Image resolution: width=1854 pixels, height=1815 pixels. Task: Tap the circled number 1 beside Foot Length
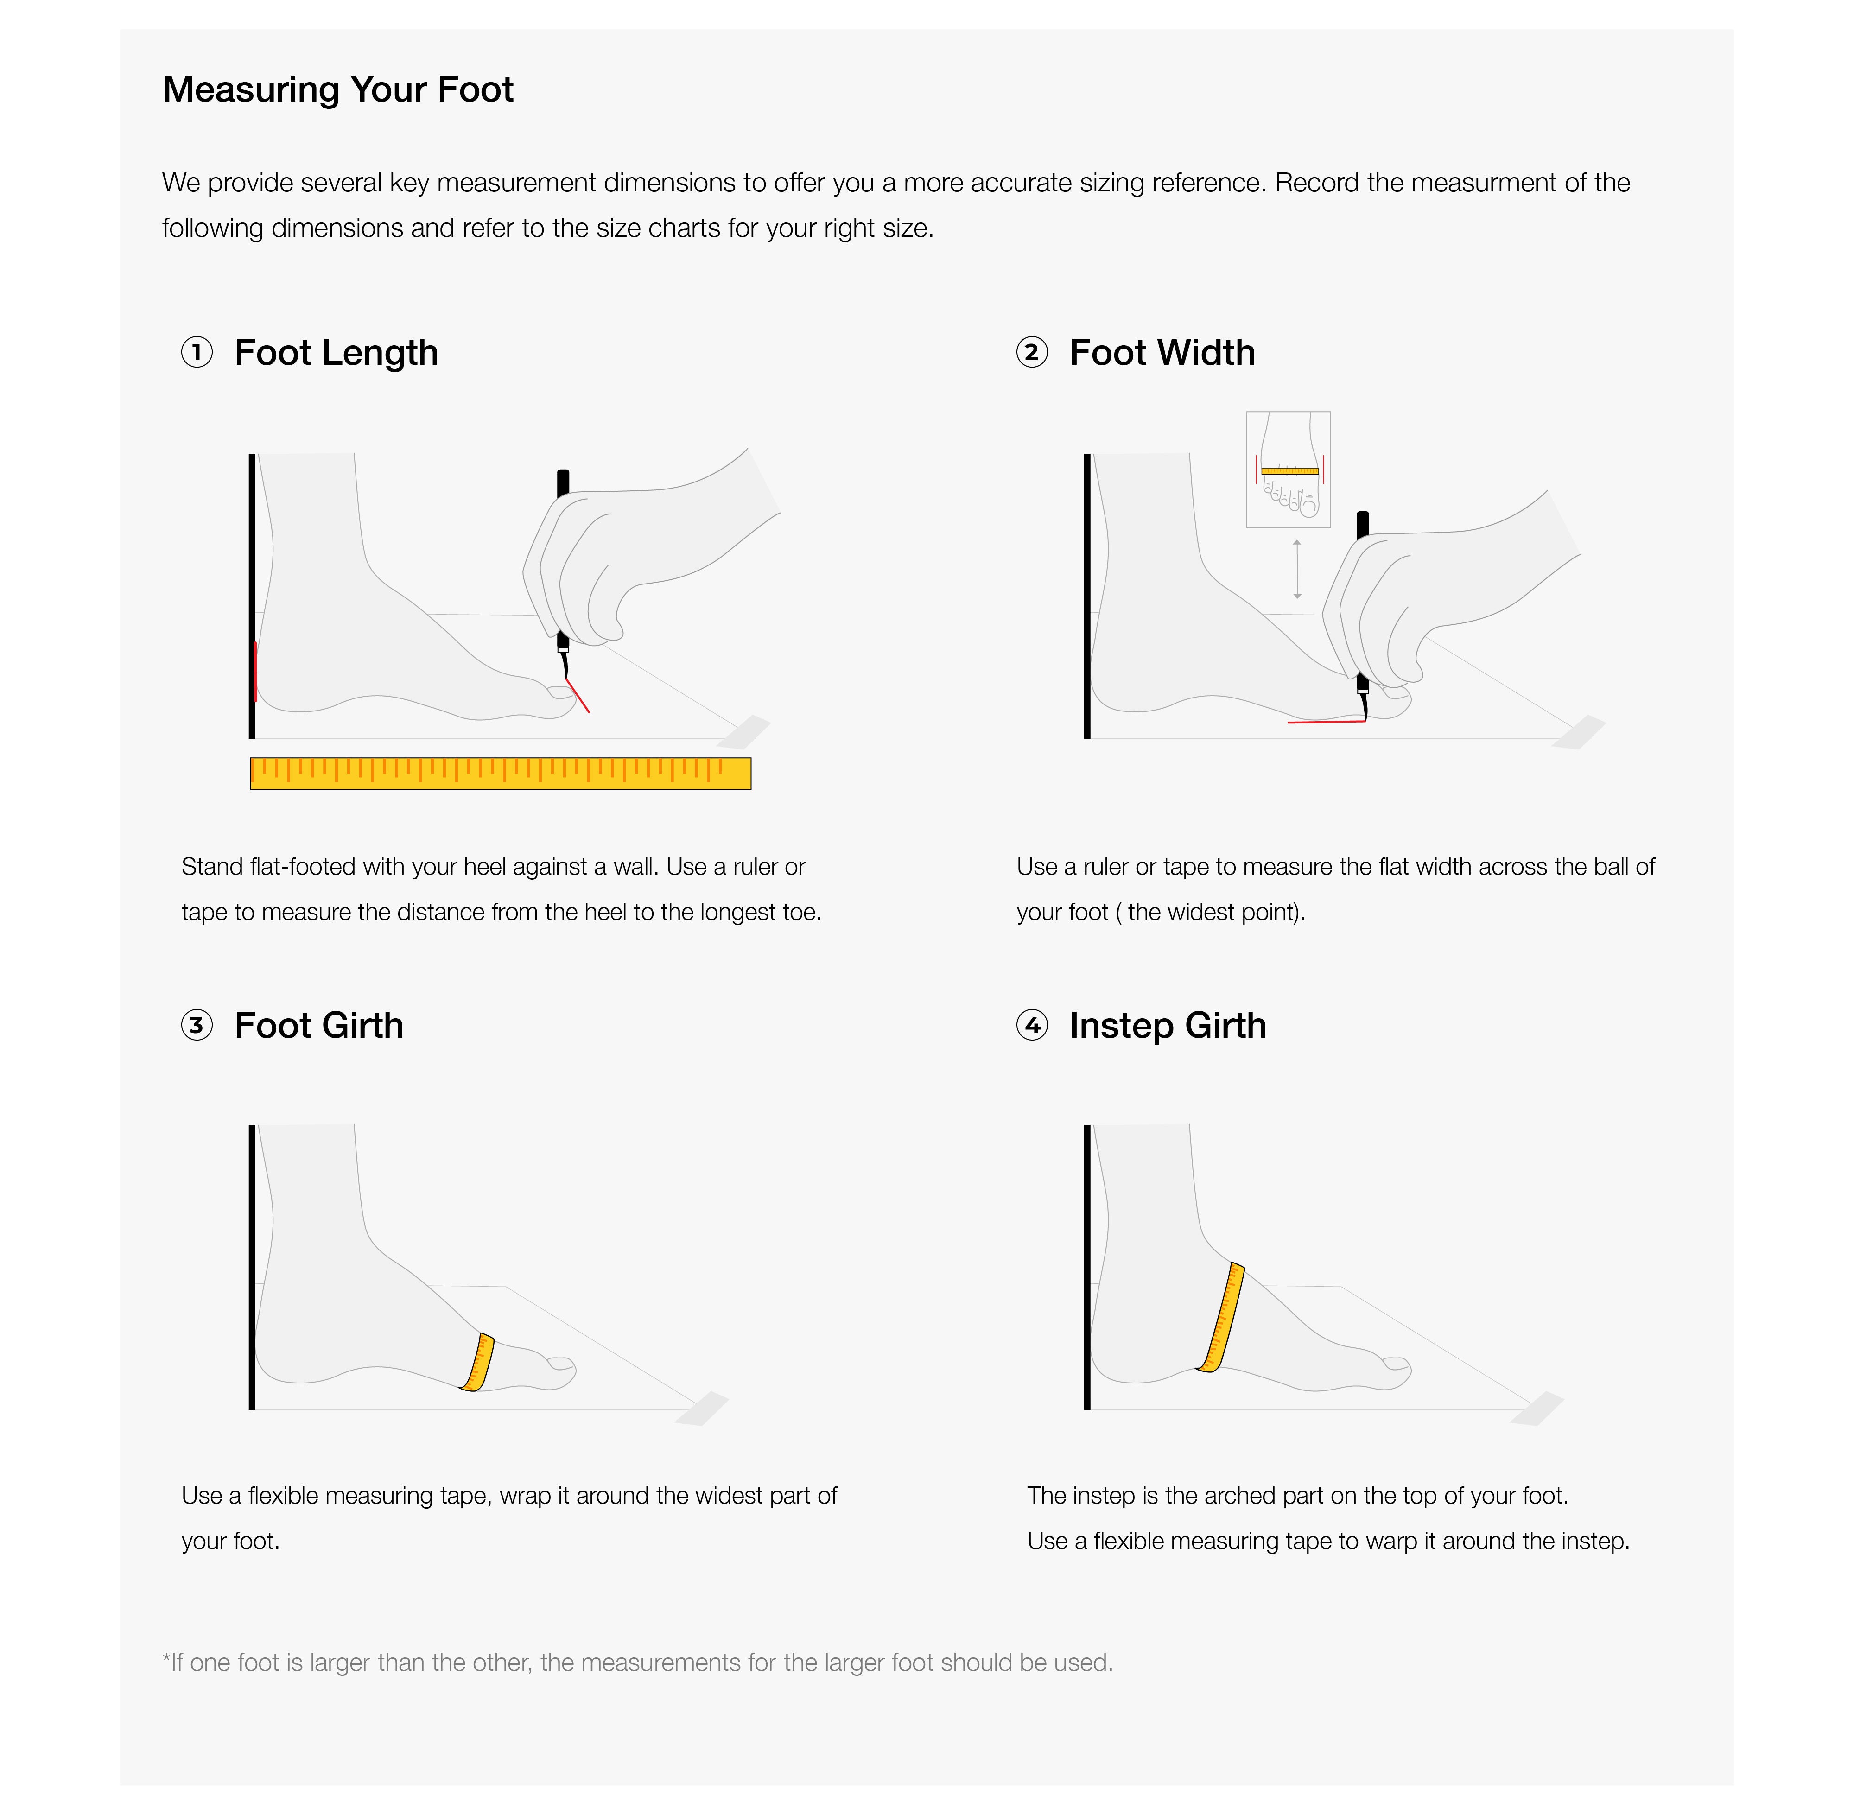click(x=197, y=353)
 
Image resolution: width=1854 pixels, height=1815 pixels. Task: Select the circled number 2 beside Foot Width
click(x=1031, y=353)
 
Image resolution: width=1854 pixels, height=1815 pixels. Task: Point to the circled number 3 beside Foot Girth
click(x=197, y=1026)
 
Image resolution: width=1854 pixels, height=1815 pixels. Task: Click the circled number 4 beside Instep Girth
click(x=1031, y=1026)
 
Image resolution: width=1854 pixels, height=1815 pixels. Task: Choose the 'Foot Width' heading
click(x=1162, y=353)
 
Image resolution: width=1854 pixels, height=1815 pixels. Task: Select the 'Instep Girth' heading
click(x=1168, y=1026)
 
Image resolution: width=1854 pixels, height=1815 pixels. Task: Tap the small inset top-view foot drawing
click(x=1288, y=469)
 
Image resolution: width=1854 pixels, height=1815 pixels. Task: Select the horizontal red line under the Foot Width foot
click(x=1326, y=722)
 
